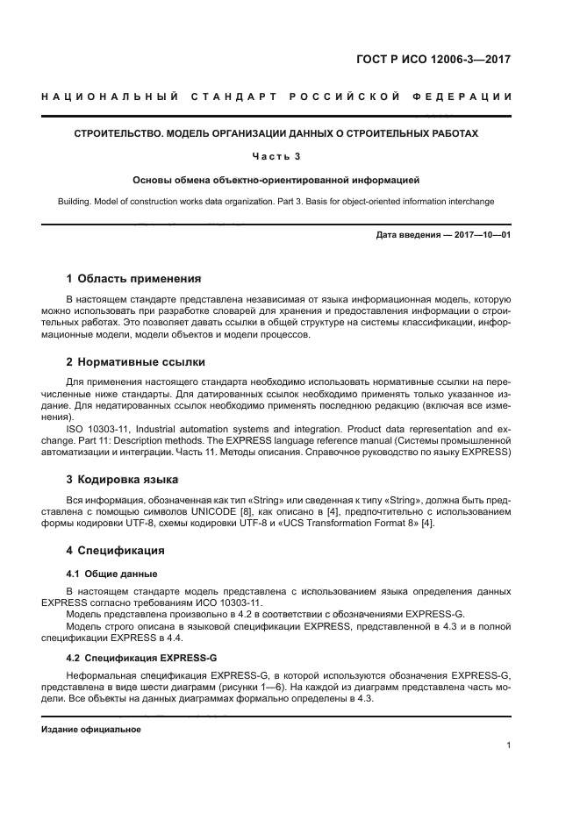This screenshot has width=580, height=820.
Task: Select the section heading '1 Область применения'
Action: point(133,281)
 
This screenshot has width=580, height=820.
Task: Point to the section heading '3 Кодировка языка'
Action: point(122,480)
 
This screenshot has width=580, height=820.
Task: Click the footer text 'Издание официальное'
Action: point(91,730)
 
